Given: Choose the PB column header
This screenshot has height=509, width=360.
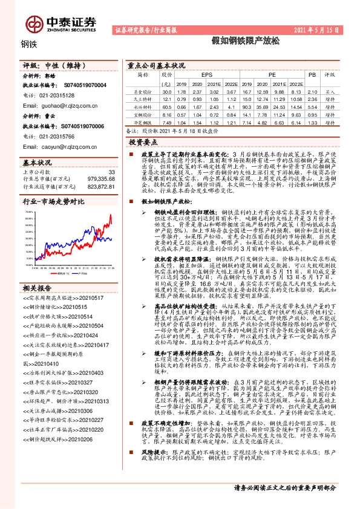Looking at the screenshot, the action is [x=312, y=75].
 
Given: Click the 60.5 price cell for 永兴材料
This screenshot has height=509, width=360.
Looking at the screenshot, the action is [x=166, y=106].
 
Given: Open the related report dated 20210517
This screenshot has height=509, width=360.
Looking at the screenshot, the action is [x=54, y=282].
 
